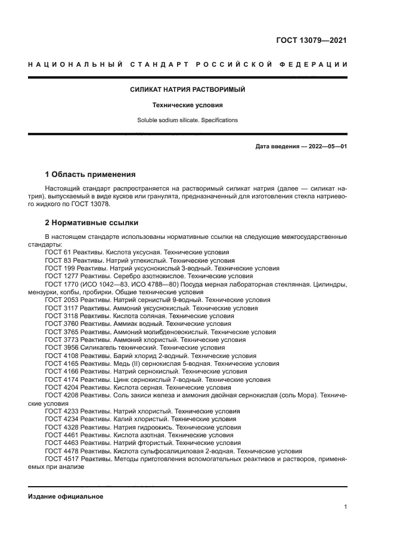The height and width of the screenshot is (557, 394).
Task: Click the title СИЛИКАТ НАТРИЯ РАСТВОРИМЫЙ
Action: point(188,90)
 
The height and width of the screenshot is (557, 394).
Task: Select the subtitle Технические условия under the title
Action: point(188,105)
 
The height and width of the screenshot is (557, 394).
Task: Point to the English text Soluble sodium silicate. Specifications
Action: point(188,120)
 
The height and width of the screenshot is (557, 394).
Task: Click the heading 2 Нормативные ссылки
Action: point(91,223)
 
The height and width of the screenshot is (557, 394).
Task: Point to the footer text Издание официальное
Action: point(66,496)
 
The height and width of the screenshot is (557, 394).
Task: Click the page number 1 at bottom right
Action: point(345,507)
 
